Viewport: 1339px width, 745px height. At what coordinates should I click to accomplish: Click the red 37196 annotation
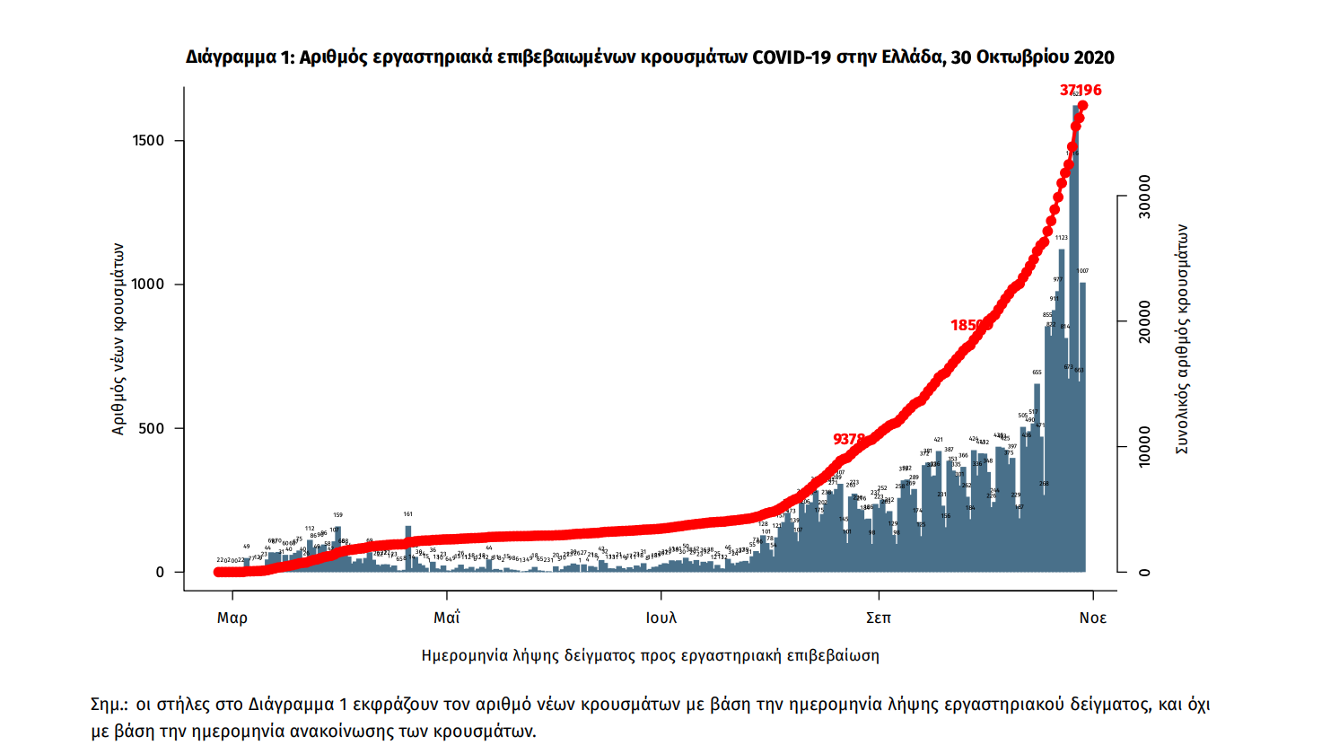coord(1081,90)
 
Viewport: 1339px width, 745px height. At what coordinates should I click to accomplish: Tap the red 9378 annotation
coord(849,439)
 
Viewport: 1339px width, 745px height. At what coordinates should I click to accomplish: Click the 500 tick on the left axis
coord(153,428)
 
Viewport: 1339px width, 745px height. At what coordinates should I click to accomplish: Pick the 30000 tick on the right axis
coord(1144,196)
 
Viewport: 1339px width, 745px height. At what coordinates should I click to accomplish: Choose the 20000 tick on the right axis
coord(1144,321)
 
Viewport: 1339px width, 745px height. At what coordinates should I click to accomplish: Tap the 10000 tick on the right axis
coord(1144,447)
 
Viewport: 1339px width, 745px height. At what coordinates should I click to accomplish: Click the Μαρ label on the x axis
coord(232,618)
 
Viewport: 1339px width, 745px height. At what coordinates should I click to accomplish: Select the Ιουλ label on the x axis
coord(661,618)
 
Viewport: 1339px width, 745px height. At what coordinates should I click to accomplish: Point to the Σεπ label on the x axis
coord(879,618)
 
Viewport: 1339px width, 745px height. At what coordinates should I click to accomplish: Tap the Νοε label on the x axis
coord(1093,618)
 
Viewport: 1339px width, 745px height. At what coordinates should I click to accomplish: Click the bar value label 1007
coord(1083,271)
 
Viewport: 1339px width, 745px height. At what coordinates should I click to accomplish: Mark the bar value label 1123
coord(1062,238)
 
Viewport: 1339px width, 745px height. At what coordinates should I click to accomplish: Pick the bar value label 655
coord(1037,372)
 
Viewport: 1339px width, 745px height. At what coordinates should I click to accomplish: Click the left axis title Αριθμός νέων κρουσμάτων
coord(118,339)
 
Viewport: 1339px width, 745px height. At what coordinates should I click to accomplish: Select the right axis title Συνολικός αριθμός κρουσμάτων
coord(1182,339)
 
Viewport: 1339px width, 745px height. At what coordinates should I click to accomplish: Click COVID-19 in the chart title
coord(792,57)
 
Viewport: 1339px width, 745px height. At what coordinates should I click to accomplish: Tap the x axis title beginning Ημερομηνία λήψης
coord(650,655)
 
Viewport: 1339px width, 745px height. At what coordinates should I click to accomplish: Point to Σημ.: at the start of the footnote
coord(109,705)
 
